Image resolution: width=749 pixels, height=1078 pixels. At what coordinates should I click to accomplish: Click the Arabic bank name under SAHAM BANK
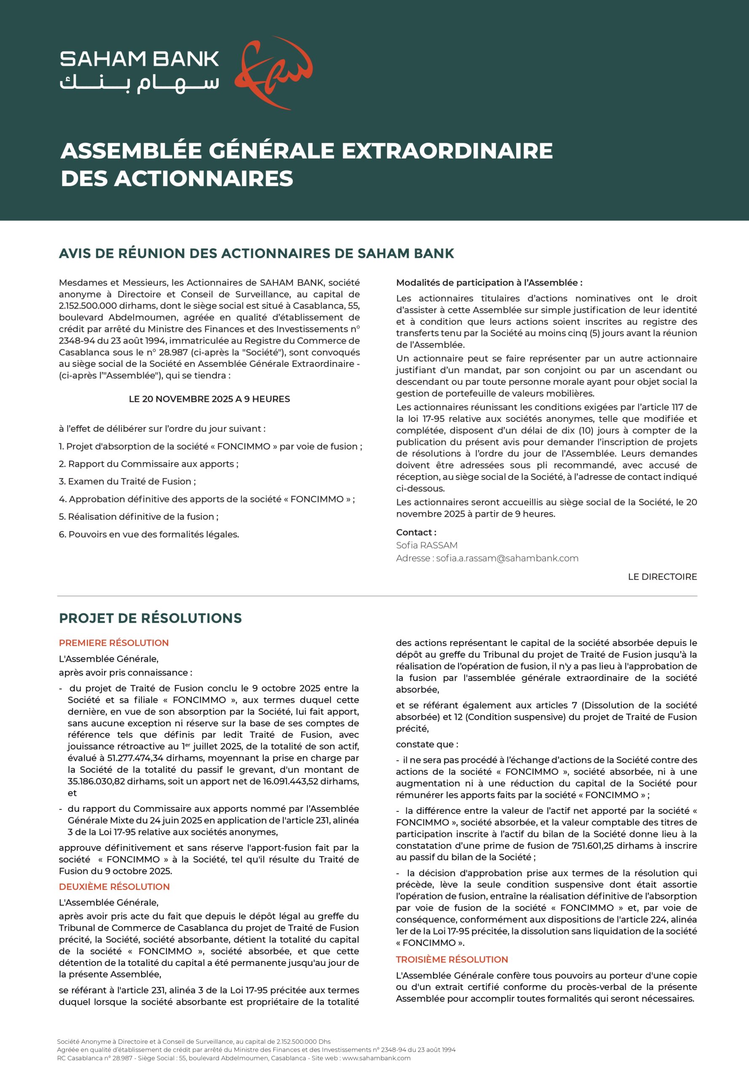click(x=139, y=83)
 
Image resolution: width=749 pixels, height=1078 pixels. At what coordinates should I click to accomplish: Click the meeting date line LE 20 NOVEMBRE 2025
click(x=209, y=399)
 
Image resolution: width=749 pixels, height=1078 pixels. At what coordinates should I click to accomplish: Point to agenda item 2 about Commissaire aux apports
click(x=148, y=464)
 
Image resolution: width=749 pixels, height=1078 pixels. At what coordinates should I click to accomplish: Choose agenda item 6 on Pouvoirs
click(x=149, y=534)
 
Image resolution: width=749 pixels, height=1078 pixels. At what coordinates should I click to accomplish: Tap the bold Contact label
click(x=416, y=532)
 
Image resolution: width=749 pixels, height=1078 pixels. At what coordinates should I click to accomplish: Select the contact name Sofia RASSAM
click(x=427, y=545)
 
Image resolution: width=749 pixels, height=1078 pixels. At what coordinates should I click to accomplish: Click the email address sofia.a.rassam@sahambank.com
click(x=507, y=558)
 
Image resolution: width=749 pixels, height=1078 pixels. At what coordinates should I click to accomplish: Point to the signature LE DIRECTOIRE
click(x=662, y=576)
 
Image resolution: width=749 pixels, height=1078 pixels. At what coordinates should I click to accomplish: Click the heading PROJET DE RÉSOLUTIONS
click(x=150, y=618)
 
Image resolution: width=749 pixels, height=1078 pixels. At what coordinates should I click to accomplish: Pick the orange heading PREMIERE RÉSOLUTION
click(x=114, y=643)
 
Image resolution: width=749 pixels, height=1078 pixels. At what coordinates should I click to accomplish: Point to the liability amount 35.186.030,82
click(x=96, y=781)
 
